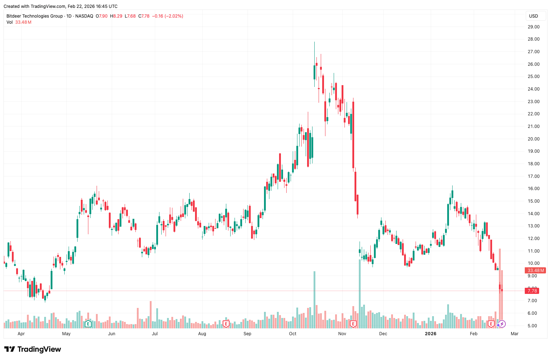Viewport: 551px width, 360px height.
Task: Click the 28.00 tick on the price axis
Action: point(533,39)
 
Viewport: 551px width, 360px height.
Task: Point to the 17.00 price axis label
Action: point(533,176)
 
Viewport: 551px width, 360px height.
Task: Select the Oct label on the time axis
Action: point(293,334)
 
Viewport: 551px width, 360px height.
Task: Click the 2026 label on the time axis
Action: point(430,334)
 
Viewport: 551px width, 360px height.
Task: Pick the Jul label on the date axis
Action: point(155,334)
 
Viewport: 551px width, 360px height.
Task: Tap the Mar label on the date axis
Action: point(514,334)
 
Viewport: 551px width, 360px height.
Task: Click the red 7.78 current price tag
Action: point(532,291)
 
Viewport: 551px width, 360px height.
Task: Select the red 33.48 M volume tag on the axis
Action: point(536,270)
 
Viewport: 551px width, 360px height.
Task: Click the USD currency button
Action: point(533,16)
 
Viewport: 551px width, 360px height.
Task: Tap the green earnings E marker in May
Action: point(88,324)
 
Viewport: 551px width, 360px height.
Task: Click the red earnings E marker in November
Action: point(353,324)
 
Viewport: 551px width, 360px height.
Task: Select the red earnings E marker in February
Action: point(491,324)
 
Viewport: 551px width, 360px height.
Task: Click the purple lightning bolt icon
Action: point(502,324)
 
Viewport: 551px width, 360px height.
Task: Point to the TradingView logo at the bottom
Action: point(33,349)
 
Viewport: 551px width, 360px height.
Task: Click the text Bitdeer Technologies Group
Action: point(34,16)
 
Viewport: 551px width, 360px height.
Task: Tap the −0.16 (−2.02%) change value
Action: point(168,16)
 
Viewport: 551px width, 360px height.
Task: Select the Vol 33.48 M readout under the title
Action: point(19,22)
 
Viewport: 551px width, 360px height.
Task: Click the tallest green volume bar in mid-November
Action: point(360,293)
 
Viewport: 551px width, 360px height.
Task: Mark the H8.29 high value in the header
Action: point(116,16)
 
